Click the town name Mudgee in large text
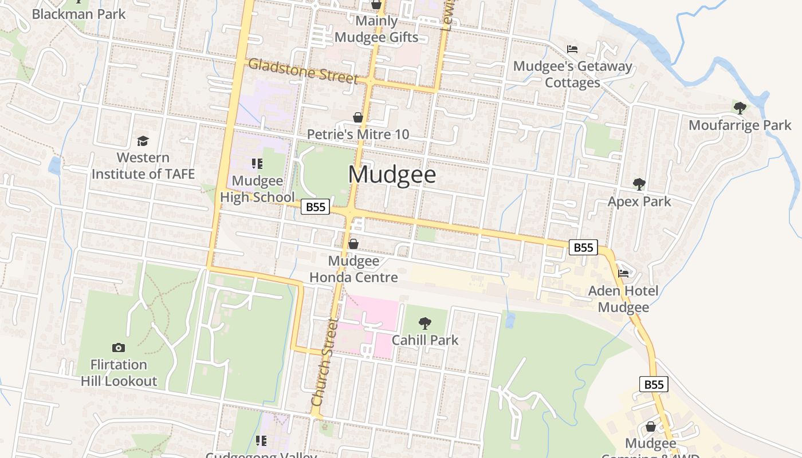392,175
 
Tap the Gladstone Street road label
303,71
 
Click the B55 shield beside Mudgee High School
315,207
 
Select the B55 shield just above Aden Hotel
583,247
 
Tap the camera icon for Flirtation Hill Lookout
119,348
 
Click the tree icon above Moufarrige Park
740,107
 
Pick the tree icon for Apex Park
639,184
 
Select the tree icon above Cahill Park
424,323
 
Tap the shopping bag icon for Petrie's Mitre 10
358,117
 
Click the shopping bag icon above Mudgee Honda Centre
353,244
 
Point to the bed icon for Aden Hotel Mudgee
623,274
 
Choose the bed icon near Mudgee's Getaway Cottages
572,49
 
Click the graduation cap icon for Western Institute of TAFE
143,140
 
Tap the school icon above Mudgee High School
257,164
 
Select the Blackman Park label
78,14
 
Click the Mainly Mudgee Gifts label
376,29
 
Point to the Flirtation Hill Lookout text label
119,373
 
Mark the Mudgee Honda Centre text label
353,269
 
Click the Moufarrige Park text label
740,125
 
